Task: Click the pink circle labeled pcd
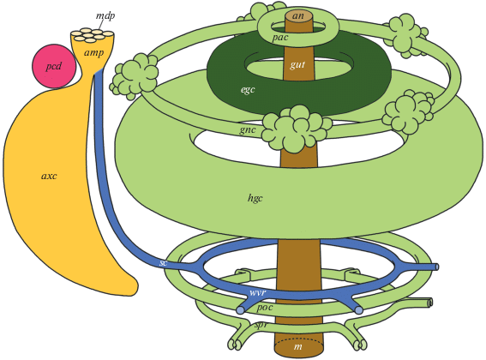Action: tap(54, 66)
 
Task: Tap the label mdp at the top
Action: tap(105, 15)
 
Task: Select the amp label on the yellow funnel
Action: tap(94, 53)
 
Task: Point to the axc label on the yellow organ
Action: tap(49, 176)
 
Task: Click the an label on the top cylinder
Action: tap(298, 15)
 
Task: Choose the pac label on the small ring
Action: tap(280, 38)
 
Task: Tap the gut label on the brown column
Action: tap(298, 64)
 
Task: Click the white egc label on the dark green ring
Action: tap(248, 90)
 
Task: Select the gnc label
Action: tap(248, 130)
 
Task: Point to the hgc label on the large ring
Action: tap(255, 198)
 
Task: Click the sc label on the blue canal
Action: tap(164, 263)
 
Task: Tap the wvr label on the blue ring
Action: tap(257, 292)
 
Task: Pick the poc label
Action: tap(265, 308)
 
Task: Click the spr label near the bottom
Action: tap(261, 326)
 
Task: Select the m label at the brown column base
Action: tap(298, 346)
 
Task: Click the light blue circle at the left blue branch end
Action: tap(240, 310)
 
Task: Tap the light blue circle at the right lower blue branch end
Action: tap(358, 310)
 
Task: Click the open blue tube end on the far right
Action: tap(436, 267)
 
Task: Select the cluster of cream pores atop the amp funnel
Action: tap(92, 35)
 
